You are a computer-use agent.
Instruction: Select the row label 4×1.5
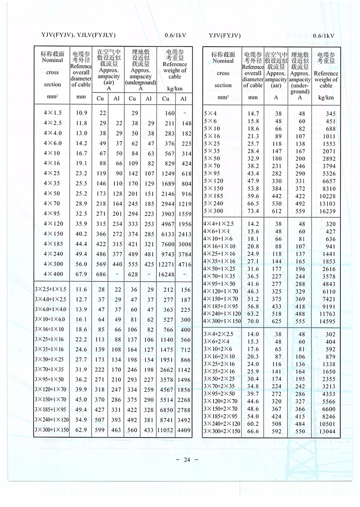[x=52, y=113]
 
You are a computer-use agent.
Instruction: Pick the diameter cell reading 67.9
[x=81, y=273]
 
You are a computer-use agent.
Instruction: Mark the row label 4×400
[x=52, y=273]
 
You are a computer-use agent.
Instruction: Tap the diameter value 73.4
[x=253, y=211]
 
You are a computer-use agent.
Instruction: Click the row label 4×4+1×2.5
[x=218, y=224]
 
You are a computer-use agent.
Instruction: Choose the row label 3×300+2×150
[x=221, y=432]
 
